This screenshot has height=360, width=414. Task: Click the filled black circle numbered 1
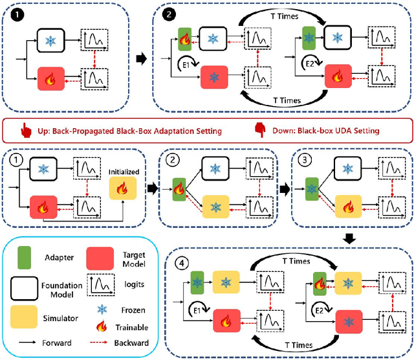coord(14,14)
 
